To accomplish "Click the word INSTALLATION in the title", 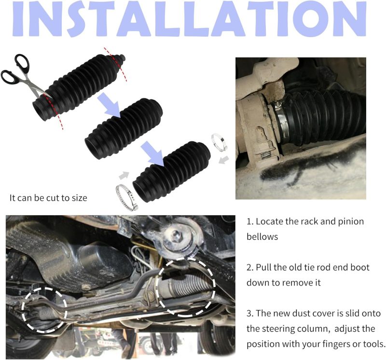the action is pyautogui.click(x=190, y=19).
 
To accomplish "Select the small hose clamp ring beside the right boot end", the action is pyautogui.click(x=219, y=142).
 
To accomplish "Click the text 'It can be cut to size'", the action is pyautogui.click(x=48, y=198).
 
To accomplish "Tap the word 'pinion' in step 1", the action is pyautogui.click(x=351, y=222).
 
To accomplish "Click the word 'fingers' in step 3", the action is pyautogui.click(x=317, y=344).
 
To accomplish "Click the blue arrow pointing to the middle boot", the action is pyautogui.click(x=109, y=105).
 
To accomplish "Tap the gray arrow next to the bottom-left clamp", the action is pyautogui.click(x=124, y=175).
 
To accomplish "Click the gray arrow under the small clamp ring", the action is pyautogui.click(x=224, y=160).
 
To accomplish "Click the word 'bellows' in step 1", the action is pyautogui.click(x=262, y=236).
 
